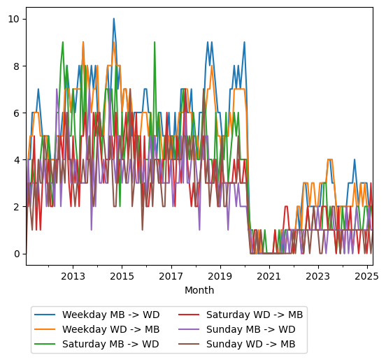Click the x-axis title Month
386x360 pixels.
tap(199, 290)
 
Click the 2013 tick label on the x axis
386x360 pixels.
tap(73, 276)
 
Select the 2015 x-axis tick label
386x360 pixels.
tap(122, 276)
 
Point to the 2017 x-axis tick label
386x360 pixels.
tap(171, 276)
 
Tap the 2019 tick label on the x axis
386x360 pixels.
tap(220, 276)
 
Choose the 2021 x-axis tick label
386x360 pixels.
tap(269, 276)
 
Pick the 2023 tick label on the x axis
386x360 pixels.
tap(318, 276)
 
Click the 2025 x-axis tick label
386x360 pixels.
tap(366, 276)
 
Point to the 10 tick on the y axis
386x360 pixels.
tap(14, 19)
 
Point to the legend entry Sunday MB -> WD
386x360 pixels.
tap(252, 329)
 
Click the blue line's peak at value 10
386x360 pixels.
tap(114, 19)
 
